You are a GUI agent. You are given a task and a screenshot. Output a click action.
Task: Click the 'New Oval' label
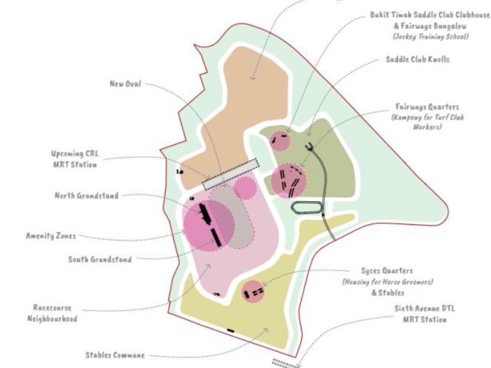pos(125,83)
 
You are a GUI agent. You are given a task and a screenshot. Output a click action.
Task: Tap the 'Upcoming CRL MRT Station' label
pos(75,159)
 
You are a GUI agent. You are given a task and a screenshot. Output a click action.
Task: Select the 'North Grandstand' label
pos(87,196)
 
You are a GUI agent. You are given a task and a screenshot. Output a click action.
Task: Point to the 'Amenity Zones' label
pos(51,236)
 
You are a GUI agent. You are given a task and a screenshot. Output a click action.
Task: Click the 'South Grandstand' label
pos(100,259)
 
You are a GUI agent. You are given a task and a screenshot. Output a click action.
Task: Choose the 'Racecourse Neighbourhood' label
pos(53,314)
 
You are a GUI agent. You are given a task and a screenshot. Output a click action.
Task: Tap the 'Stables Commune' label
pos(115,356)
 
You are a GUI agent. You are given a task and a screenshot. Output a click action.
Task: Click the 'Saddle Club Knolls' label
pos(418,60)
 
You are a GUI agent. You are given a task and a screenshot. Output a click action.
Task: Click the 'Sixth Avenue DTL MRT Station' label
pos(421,314)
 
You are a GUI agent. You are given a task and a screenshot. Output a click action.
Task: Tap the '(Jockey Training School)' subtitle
pos(430,37)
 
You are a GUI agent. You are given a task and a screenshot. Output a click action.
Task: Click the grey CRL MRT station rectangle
pos(231,174)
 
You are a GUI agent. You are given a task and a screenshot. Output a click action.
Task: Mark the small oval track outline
pos(306,207)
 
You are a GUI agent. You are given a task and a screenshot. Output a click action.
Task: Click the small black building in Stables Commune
pos(231,330)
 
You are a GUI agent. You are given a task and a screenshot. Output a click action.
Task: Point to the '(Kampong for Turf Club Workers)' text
pos(427,122)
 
